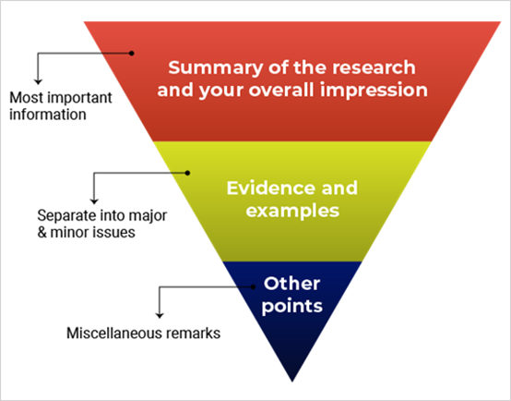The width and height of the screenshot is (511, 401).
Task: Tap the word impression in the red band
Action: click(374, 91)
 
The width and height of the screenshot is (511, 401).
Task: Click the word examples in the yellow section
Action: click(292, 211)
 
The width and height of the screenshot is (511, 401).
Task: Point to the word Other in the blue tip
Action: click(292, 284)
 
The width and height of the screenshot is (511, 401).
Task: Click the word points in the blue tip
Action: click(292, 307)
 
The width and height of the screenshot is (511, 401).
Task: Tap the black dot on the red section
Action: click(131, 54)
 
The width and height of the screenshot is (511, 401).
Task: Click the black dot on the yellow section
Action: click(187, 173)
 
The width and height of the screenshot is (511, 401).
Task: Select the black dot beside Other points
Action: click(253, 287)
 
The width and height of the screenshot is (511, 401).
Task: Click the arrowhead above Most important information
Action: click(38, 81)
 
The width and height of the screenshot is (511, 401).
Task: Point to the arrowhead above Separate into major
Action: click(94, 201)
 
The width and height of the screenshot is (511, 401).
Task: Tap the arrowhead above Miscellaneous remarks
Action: click(160, 315)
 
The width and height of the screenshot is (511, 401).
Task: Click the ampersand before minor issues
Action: click(42, 233)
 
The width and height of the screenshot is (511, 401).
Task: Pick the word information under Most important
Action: click(48, 115)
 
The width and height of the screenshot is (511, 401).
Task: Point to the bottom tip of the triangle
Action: click(292, 382)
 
